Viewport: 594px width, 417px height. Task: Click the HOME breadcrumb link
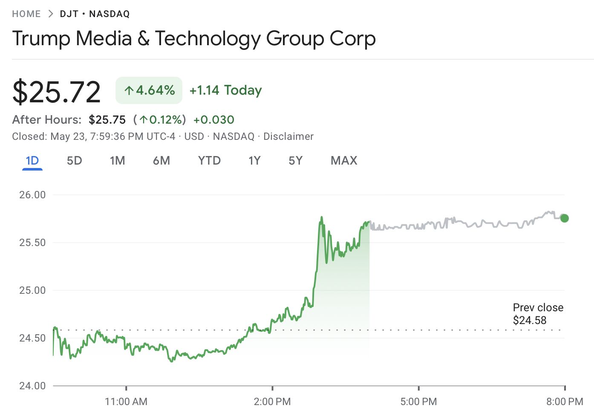coord(26,14)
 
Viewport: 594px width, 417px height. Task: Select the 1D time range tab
coord(32,161)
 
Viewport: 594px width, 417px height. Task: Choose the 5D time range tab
coord(74,161)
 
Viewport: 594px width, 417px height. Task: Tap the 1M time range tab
coord(117,161)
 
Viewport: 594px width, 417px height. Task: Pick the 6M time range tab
coord(161,161)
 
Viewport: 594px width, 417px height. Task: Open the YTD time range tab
coord(209,161)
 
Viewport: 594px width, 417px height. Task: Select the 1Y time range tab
coord(254,161)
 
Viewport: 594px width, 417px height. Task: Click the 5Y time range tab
coord(295,161)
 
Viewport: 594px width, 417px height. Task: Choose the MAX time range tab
coord(344,161)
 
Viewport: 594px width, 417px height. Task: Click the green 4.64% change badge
coord(149,90)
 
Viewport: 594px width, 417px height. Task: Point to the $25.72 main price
coord(57,92)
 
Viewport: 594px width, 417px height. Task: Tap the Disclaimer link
coord(288,136)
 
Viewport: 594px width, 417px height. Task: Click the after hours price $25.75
coord(107,120)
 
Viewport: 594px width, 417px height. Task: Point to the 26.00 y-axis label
coord(32,195)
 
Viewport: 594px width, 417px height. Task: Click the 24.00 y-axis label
coord(32,386)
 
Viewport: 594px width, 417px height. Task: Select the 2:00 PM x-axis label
coord(272,402)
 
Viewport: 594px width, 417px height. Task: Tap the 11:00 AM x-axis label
coord(126,402)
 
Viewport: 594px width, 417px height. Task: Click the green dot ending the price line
coord(565,218)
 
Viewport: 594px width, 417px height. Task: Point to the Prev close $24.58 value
coord(530,320)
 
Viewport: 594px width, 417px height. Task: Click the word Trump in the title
coord(41,39)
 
